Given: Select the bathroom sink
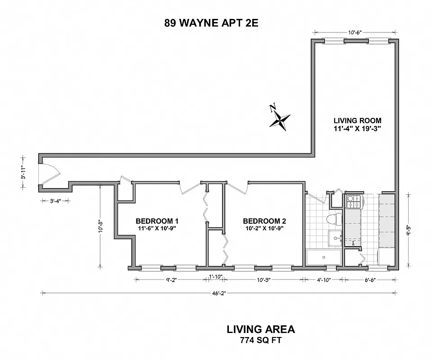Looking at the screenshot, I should (x=334, y=238).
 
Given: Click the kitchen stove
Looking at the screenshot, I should (x=353, y=202).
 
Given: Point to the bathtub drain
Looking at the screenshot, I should (x=323, y=257).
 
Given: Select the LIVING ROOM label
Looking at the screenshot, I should (x=357, y=120).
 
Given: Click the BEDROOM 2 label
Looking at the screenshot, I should (x=264, y=221).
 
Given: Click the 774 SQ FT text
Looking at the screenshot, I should (x=261, y=341).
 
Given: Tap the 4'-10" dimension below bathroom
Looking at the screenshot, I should (x=323, y=279).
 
